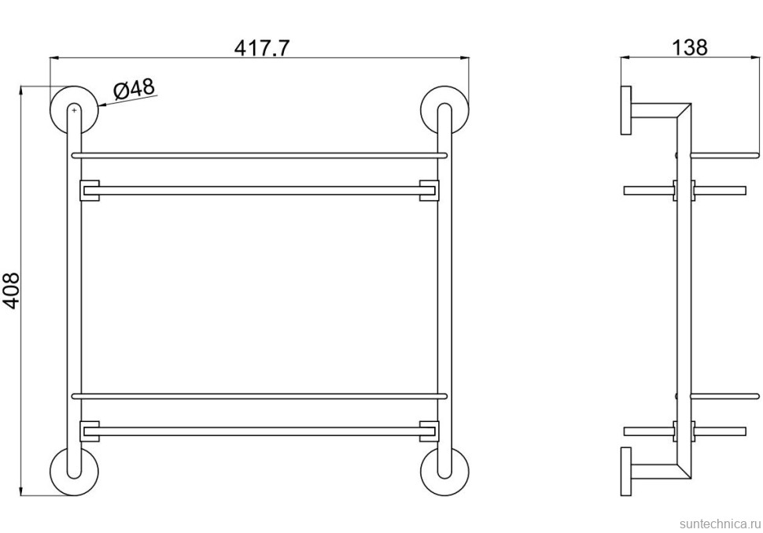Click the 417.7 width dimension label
pos(263,47)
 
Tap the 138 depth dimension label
pos(690,47)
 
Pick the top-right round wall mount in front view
pos(444,110)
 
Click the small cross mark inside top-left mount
pos(74,111)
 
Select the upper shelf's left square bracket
pos(87,191)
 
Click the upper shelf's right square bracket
pos(429,191)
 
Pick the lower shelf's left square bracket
pos(87,431)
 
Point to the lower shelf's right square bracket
pos(429,431)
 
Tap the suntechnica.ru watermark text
pos(717,522)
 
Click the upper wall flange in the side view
pos(625,110)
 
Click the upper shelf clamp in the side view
pos(684,190)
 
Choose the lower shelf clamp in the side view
pos(684,430)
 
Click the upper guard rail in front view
pos(260,155)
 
